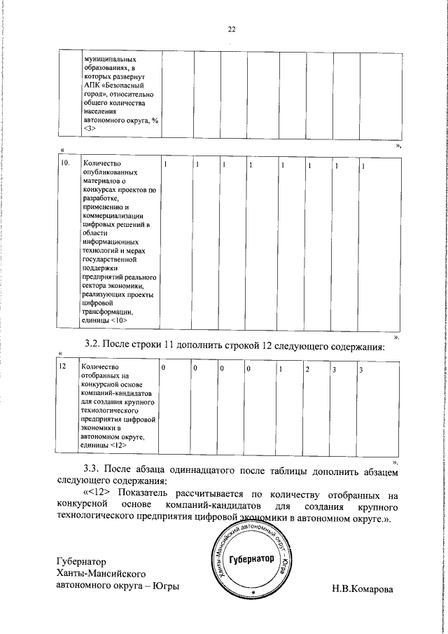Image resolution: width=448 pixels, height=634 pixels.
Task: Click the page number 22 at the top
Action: (232, 29)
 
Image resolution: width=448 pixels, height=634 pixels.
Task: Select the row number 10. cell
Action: (65, 164)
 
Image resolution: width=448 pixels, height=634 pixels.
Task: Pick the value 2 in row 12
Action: (307, 368)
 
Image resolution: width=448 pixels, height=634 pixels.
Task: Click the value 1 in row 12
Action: (281, 368)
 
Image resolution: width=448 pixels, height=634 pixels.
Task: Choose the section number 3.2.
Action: (93, 344)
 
